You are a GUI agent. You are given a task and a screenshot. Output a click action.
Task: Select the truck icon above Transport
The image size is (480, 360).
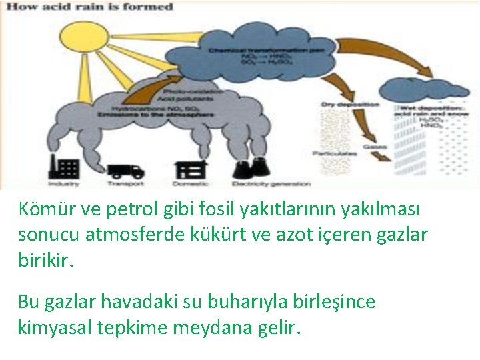125,171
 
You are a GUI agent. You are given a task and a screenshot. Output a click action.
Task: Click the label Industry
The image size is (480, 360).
63,183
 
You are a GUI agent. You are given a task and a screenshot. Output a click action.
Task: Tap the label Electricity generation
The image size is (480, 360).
271,184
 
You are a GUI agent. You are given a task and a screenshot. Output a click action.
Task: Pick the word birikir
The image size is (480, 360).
43,259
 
